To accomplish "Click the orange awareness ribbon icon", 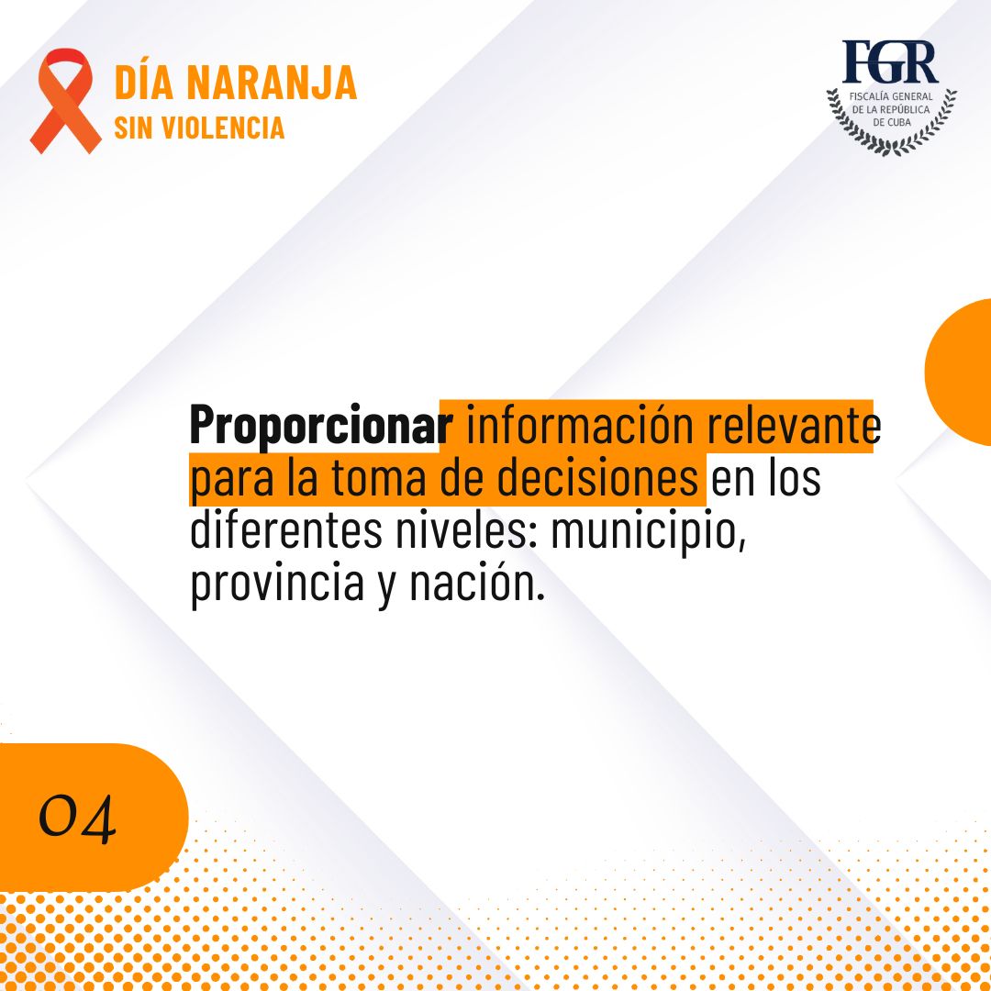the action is tap(65, 101).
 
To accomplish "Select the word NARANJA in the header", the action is tap(272, 83).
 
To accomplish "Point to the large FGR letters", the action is tap(890, 62).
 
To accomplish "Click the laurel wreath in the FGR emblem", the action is tap(892, 143).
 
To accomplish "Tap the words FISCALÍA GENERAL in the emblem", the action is tap(891, 96).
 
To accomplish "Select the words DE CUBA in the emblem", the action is tap(892, 122).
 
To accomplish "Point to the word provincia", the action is tap(277, 584).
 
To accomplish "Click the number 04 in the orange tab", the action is tap(78, 818).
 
